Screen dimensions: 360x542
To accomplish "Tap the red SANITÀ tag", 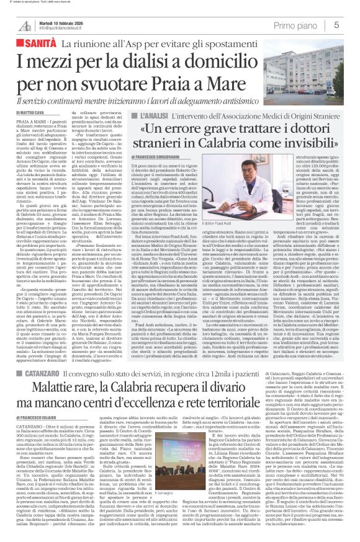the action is pyautogui.click(x=39, y=44).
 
